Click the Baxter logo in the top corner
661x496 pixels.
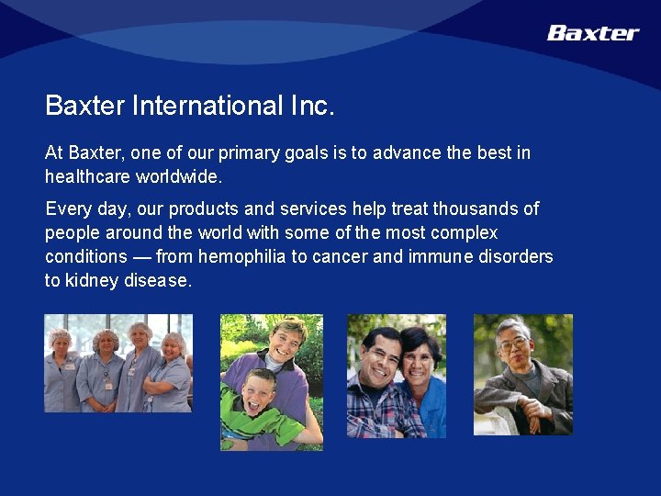pyautogui.click(x=592, y=33)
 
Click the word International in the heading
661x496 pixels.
pyautogui.click(x=207, y=106)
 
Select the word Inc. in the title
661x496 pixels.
pyautogui.click(x=312, y=106)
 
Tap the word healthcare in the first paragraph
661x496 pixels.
pyautogui.click(x=87, y=175)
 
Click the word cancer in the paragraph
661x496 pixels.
pyautogui.click(x=340, y=256)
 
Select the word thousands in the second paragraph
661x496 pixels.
pyautogui.click(x=476, y=209)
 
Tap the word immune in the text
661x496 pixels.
pyautogui.click(x=441, y=256)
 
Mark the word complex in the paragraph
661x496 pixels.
pyautogui.click(x=465, y=232)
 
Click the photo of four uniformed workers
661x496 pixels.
pyautogui.click(x=118, y=363)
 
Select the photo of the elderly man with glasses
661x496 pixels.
pyautogui.click(x=522, y=374)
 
